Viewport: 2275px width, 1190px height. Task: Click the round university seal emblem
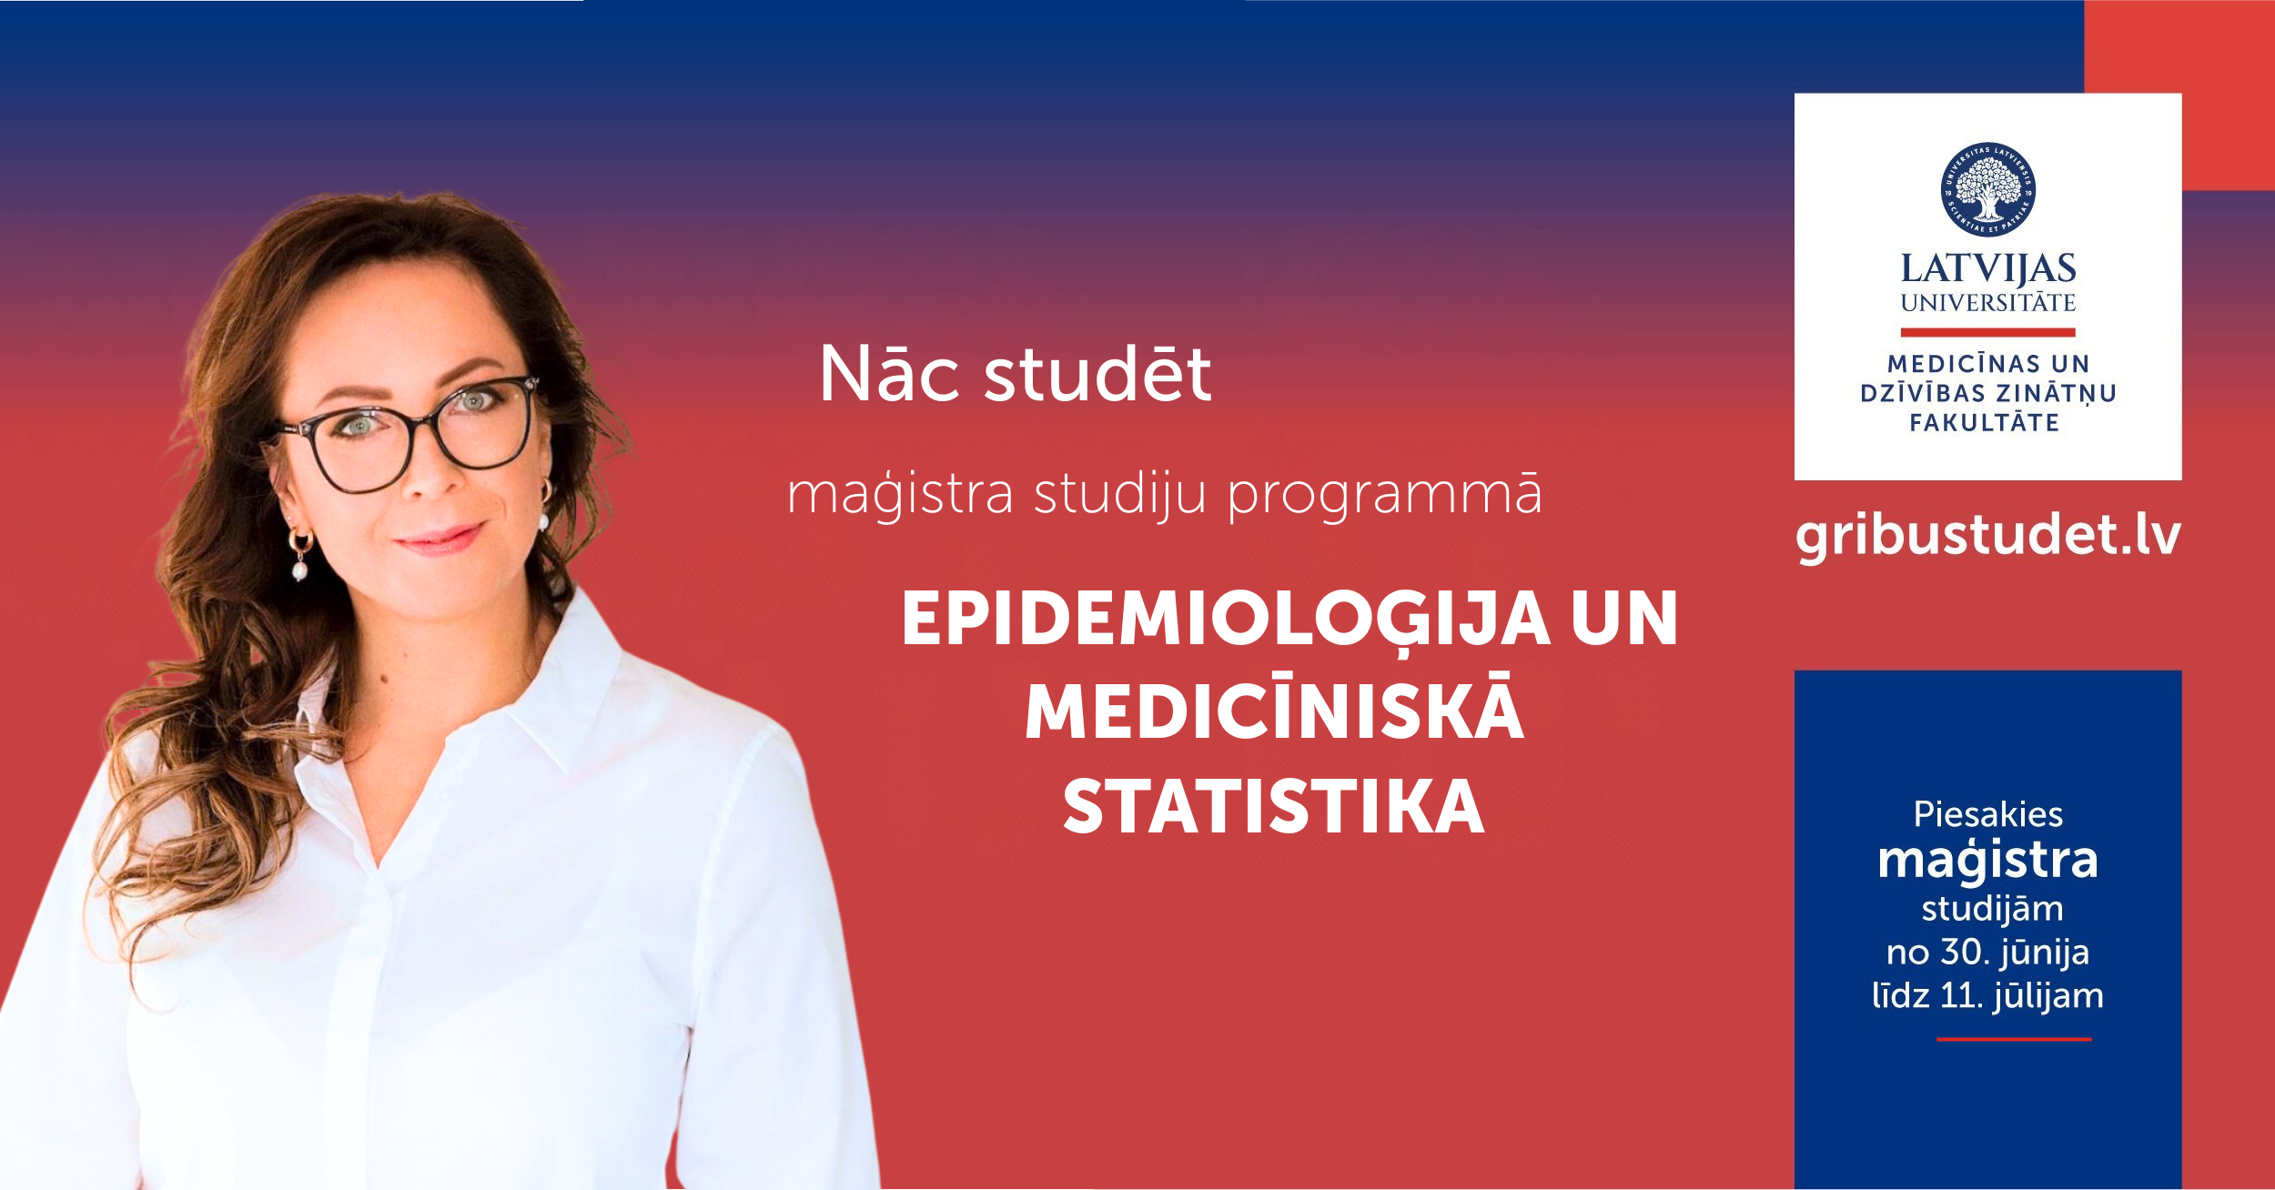pyautogui.click(x=1987, y=189)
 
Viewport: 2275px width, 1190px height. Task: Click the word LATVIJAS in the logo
pyautogui.click(x=1988, y=269)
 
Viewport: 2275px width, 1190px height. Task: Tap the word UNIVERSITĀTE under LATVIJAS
pyautogui.click(x=1988, y=302)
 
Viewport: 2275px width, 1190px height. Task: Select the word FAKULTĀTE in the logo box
pyautogui.click(x=1984, y=422)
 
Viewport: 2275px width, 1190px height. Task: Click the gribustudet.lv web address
pyautogui.click(x=1988, y=536)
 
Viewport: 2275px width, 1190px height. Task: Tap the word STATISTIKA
pyautogui.click(x=1274, y=807)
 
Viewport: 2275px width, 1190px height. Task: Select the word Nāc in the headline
pyautogui.click(x=889, y=373)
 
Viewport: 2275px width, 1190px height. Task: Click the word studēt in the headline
pyautogui.click(x=1097, y=373)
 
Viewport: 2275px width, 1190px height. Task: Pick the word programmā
pyautogui.click(x=1384, y=496)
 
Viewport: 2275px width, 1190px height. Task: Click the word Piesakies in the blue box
pyautogui.click(x=1988, y=814)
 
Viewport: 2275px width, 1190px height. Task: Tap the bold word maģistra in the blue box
pyautogui.click(x=1988, y=860)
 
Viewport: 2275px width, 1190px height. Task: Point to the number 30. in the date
pyautogui.click(x=1963, y=952)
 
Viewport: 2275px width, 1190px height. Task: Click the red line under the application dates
pyautogui.click(x=2014, y=1039)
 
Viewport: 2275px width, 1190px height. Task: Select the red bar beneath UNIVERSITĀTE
pyautogui.click(x=1988, y=332)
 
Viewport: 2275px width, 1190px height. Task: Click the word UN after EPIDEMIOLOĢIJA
pyautogui.click(x=1624, y=620)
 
